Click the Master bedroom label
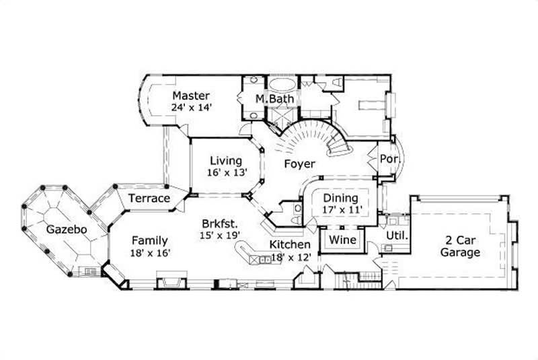tap(191, 96)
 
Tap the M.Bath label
tap(272, 99)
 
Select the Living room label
tap(225, 161)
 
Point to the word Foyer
tap(300, 164)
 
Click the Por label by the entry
tap(389, 158)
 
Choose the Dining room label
tap(340, 199)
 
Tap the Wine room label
tap(342, 240)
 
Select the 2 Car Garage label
tap(460, 247)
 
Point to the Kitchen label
tap(290, 244)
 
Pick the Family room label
tap(149, 240)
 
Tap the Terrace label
tap(149, 199)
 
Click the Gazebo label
tap(66, 229)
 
